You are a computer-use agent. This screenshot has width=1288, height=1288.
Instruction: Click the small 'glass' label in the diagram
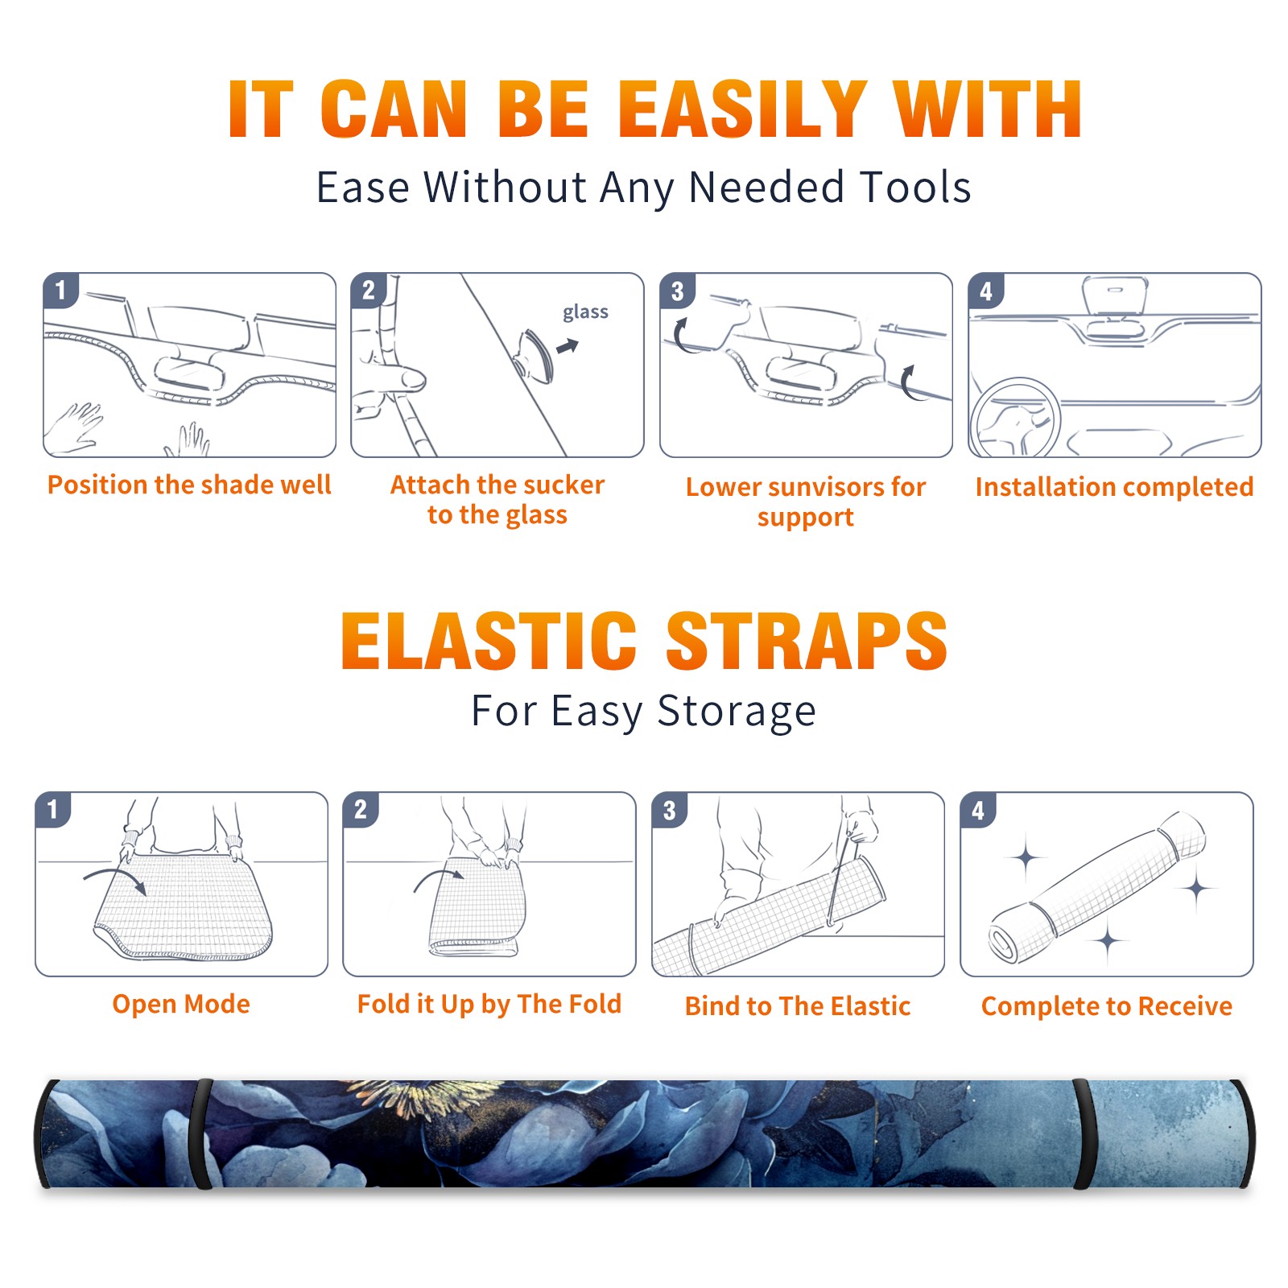tap(585, 312)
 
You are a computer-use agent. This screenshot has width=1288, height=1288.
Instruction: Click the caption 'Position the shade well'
tap(189, 485)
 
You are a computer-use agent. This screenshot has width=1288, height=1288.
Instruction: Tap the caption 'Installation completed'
tap(1114, 486)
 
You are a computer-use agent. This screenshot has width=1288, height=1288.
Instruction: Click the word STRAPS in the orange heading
tap(807, 641)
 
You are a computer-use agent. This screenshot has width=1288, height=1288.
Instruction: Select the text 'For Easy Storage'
tap(644, 711)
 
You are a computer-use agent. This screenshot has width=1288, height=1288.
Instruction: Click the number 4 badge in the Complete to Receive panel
tap(978, 810)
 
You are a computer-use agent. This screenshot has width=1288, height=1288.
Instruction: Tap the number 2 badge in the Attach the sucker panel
tap(369, 290)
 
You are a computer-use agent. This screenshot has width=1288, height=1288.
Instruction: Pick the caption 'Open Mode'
tap(181, 1004)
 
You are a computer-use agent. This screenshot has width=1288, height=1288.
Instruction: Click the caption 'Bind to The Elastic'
tap(798, 1005)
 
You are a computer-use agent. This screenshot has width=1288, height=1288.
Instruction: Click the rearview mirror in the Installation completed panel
tap(1114, 295)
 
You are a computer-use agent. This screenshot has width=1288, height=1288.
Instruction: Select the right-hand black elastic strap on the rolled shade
tap(1082, 1133)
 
